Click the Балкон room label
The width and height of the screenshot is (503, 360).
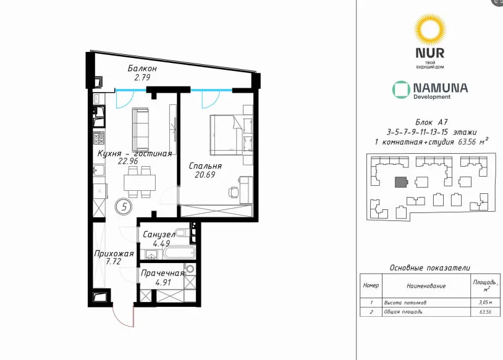click(142, 69)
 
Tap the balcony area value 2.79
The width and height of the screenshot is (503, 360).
click(142, 77)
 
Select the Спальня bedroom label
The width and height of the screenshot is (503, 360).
click(205, 166)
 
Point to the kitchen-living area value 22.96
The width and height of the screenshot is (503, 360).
click(128, 161)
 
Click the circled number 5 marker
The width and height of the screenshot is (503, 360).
click(124, 206)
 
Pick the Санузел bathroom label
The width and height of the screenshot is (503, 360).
click(159, 235)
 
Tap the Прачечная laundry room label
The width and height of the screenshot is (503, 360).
click(163, 273)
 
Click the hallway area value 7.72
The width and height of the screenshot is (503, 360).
click(114, 261)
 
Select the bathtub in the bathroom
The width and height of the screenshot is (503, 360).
click(179, 253)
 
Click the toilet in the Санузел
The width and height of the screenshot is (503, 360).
click(182, 233)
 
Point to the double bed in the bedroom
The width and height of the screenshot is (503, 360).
click(226, 135)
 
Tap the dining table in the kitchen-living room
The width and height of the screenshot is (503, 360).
click(140, 182)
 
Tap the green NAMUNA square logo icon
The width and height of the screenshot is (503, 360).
click(401, 90)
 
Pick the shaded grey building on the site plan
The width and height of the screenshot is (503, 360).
click(401, 182)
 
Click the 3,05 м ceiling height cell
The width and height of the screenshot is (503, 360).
click(485, 302)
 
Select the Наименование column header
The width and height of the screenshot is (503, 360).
click(426, 286)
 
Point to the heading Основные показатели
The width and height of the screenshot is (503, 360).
click(430, 267)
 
